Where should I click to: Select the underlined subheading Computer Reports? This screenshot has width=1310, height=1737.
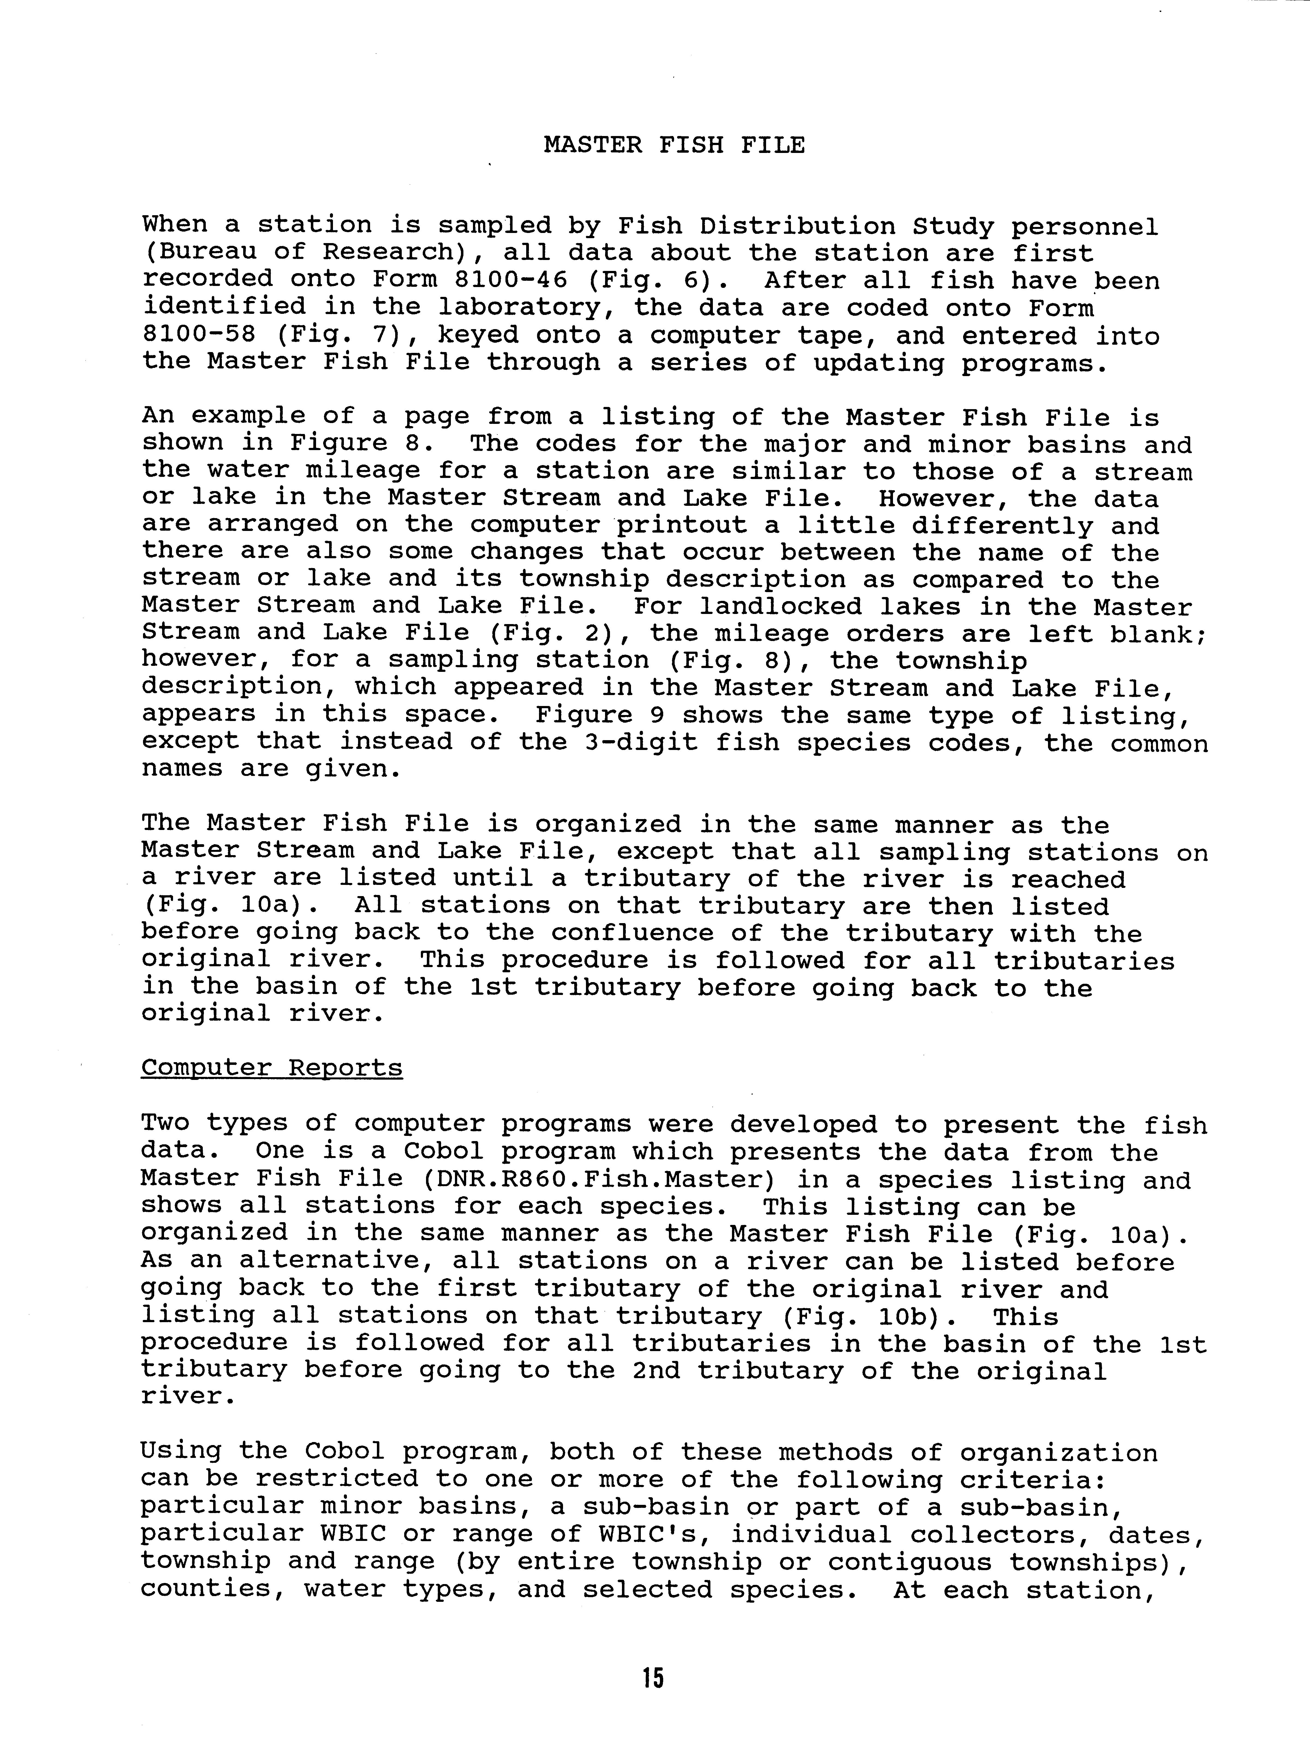(272, 1069)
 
